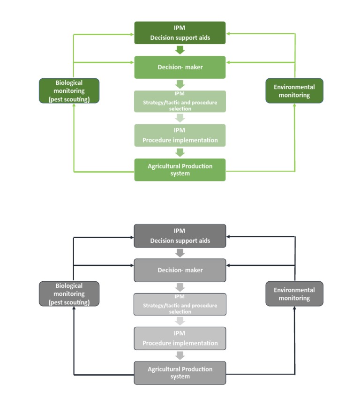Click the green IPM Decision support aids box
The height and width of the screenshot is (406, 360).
[180, 33]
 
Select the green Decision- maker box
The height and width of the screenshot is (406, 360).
[180, 67]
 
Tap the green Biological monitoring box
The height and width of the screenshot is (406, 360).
[69, 91]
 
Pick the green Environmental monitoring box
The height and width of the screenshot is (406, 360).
[294, 91]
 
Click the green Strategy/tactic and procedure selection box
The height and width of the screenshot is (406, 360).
[180, 101]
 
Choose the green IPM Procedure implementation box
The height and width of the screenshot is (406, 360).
[180, 135]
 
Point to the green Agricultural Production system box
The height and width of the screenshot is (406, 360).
[180, 170]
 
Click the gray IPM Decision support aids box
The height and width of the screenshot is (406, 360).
[180, 236]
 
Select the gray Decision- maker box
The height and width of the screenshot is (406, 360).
[180, 270]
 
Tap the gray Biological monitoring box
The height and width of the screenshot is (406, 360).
[69, 294]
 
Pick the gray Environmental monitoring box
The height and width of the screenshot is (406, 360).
[294, 294]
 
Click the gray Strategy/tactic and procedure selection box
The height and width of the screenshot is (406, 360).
[180, 304]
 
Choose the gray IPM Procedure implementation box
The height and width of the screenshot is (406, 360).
[180, 338]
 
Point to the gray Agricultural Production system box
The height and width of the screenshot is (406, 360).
[180, 373]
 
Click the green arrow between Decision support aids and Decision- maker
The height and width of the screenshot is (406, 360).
[180, 50]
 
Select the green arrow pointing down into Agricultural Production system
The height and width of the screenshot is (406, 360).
[180, 152]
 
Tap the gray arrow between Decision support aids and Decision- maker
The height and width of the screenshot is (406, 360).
[180, 253]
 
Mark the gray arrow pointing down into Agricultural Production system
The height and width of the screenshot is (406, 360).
[180, 355]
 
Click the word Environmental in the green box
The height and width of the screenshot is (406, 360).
[294, 87]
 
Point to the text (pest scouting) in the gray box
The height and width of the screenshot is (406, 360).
[69, 302]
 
